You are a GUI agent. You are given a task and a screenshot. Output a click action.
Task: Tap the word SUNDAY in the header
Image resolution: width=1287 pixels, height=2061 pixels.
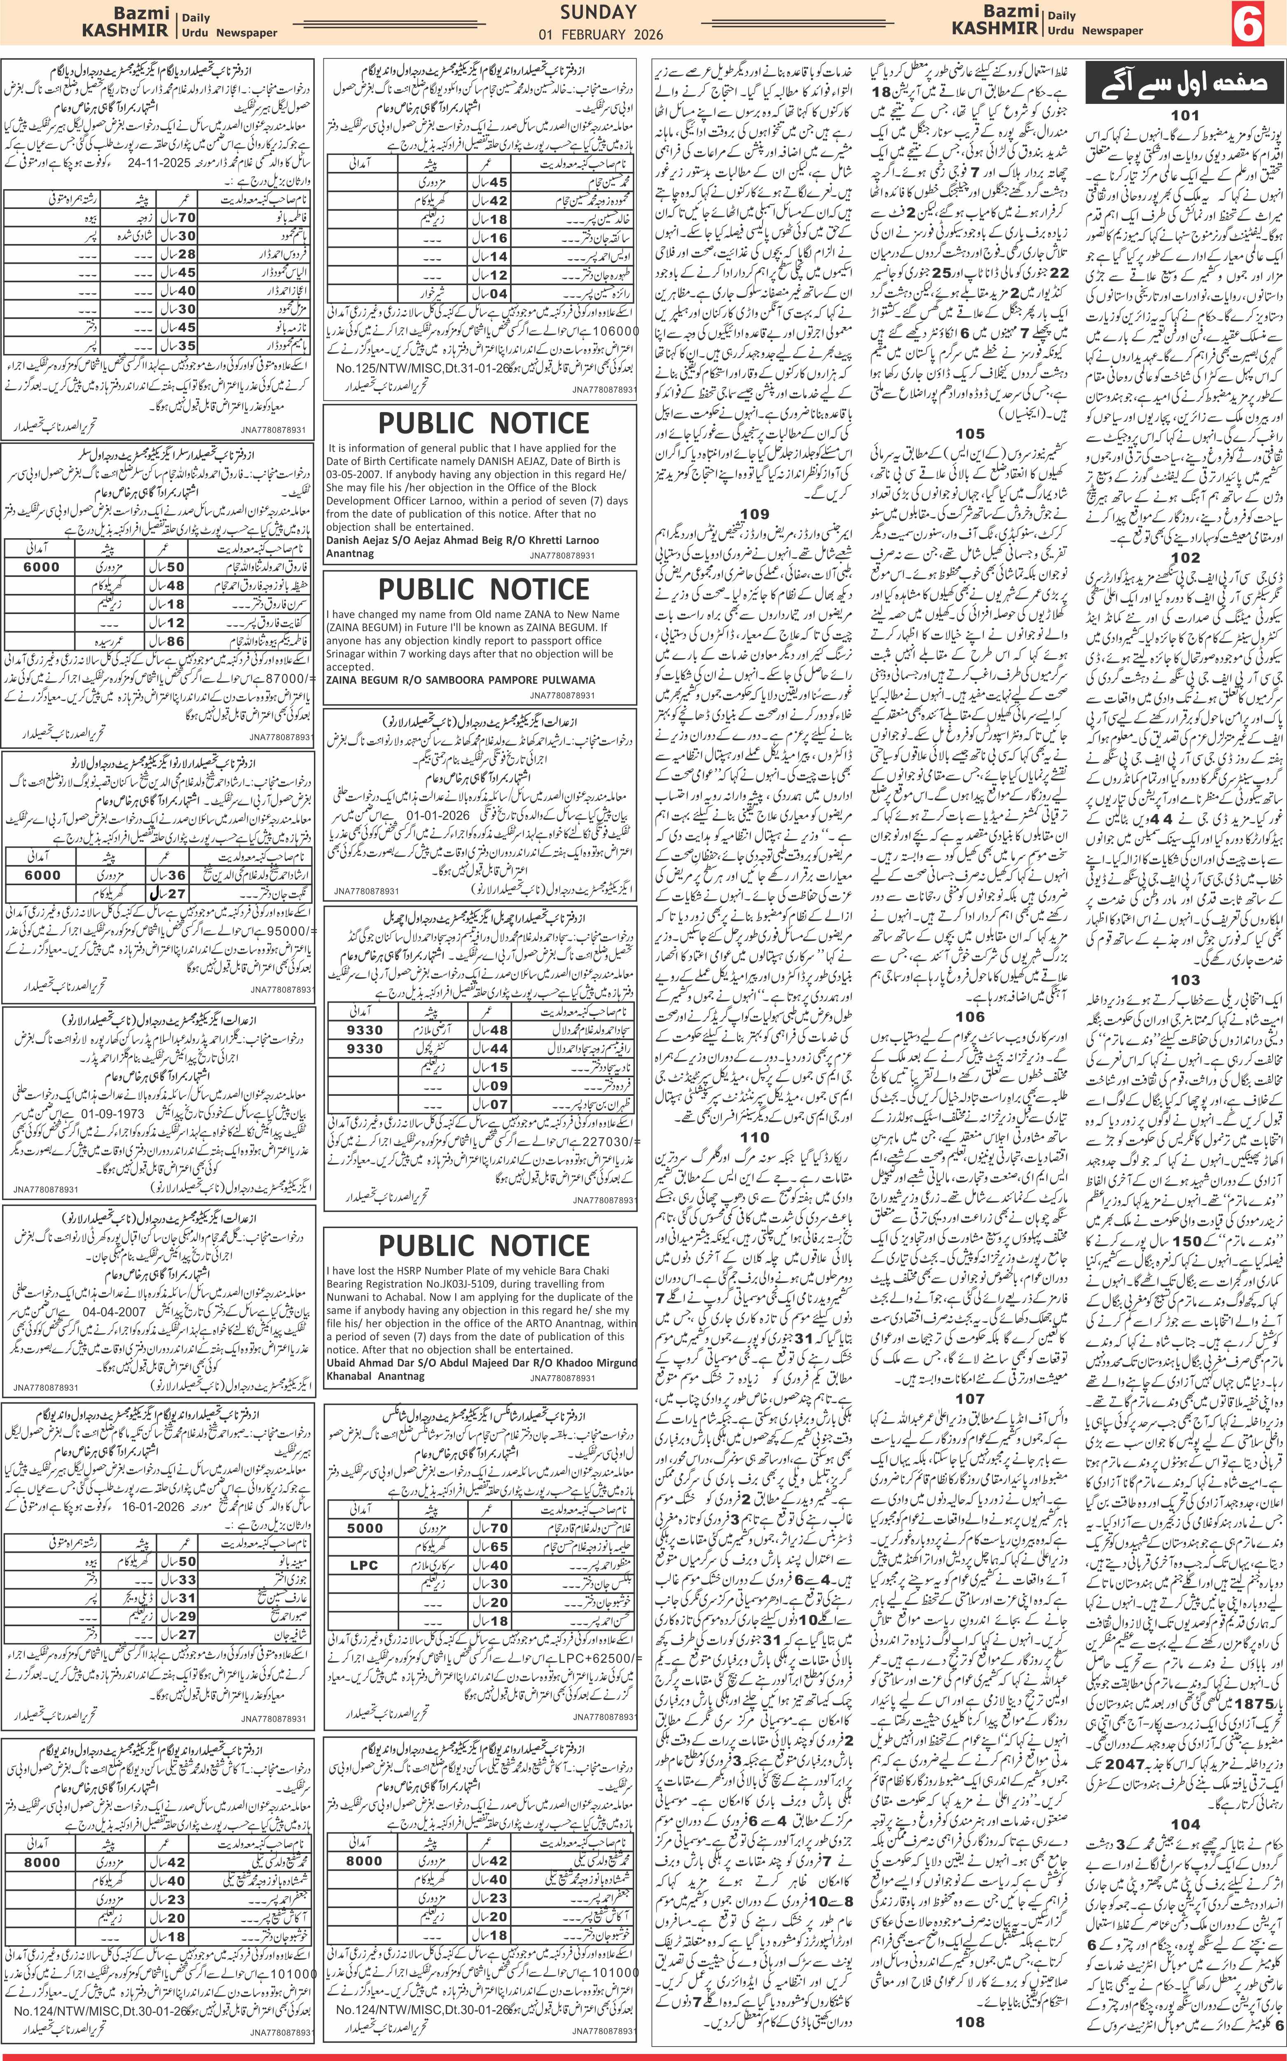coord(598,12)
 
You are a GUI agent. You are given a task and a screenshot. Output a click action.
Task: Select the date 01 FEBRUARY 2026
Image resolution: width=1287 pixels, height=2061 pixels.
coord(600,35)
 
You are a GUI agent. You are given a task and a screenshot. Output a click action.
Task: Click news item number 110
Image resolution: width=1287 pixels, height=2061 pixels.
coord(754,1137)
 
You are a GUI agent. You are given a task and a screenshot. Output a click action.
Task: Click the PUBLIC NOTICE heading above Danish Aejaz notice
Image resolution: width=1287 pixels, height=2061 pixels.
coord(484,423)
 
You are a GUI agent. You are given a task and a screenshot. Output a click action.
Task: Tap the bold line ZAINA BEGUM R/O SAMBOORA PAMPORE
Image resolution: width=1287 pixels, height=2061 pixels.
coord(461,679)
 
